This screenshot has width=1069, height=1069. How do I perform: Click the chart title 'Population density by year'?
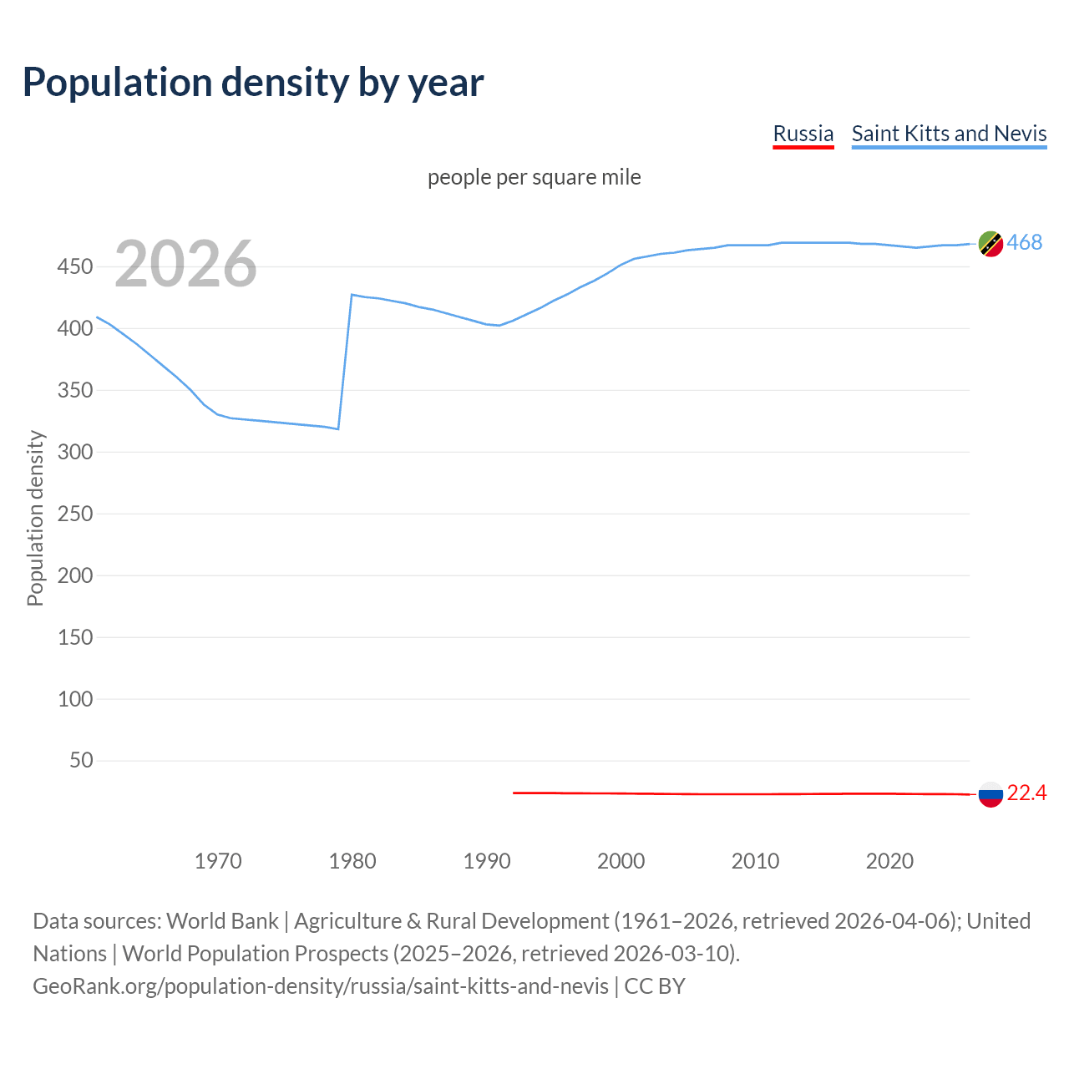[253, 83]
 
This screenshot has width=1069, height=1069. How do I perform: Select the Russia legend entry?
[803, 134]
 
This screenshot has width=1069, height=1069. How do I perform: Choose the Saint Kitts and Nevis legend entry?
[949, 134]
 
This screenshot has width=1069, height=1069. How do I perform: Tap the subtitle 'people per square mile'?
[534, 177]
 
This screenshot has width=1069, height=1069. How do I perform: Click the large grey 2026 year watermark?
[185, 264]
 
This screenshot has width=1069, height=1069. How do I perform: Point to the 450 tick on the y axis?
[74, 267]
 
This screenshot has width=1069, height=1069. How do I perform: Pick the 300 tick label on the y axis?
[74, 452]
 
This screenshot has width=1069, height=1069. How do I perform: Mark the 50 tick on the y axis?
[81, 760]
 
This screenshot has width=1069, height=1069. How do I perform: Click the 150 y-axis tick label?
[74, 637]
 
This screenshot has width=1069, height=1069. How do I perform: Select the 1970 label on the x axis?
[218, 861]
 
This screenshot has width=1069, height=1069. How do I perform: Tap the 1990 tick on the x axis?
[487, 861]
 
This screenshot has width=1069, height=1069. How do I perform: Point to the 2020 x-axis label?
[889, 861]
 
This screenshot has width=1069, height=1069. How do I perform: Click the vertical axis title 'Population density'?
[35, 518]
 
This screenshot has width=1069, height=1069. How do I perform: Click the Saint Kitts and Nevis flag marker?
[990, 244]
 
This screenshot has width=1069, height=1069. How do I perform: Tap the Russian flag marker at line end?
[990, 794]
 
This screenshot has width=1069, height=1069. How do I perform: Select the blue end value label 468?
[1025, 242]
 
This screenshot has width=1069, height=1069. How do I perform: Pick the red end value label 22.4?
[1026, 793]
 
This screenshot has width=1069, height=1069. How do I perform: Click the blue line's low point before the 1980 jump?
[337, 428]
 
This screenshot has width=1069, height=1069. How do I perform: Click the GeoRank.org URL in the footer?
[321, 986]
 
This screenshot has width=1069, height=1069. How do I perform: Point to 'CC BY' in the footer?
[655, 986]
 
